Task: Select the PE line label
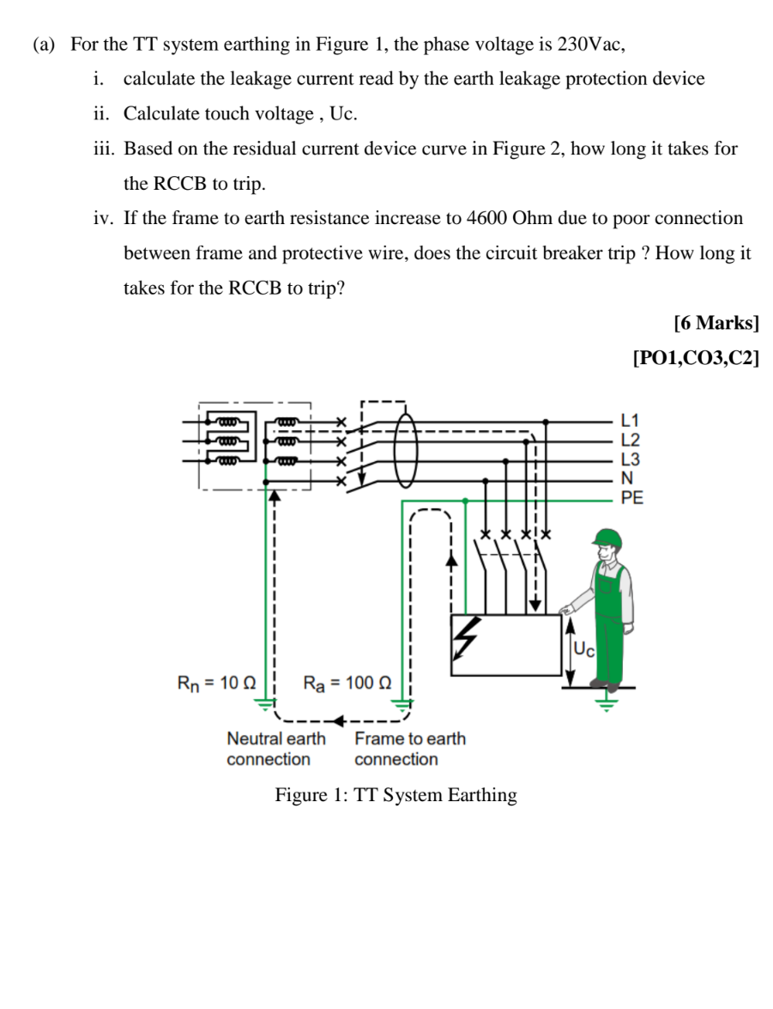[x=632, y=496]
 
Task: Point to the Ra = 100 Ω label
[x=347, y=684]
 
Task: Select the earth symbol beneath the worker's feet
[x=607, y=705]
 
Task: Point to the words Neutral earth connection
[x=275, y=749]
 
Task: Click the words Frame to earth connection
[x=409, y=749]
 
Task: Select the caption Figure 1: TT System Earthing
[x=396, y=795]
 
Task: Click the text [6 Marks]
[x=716, y=323]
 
